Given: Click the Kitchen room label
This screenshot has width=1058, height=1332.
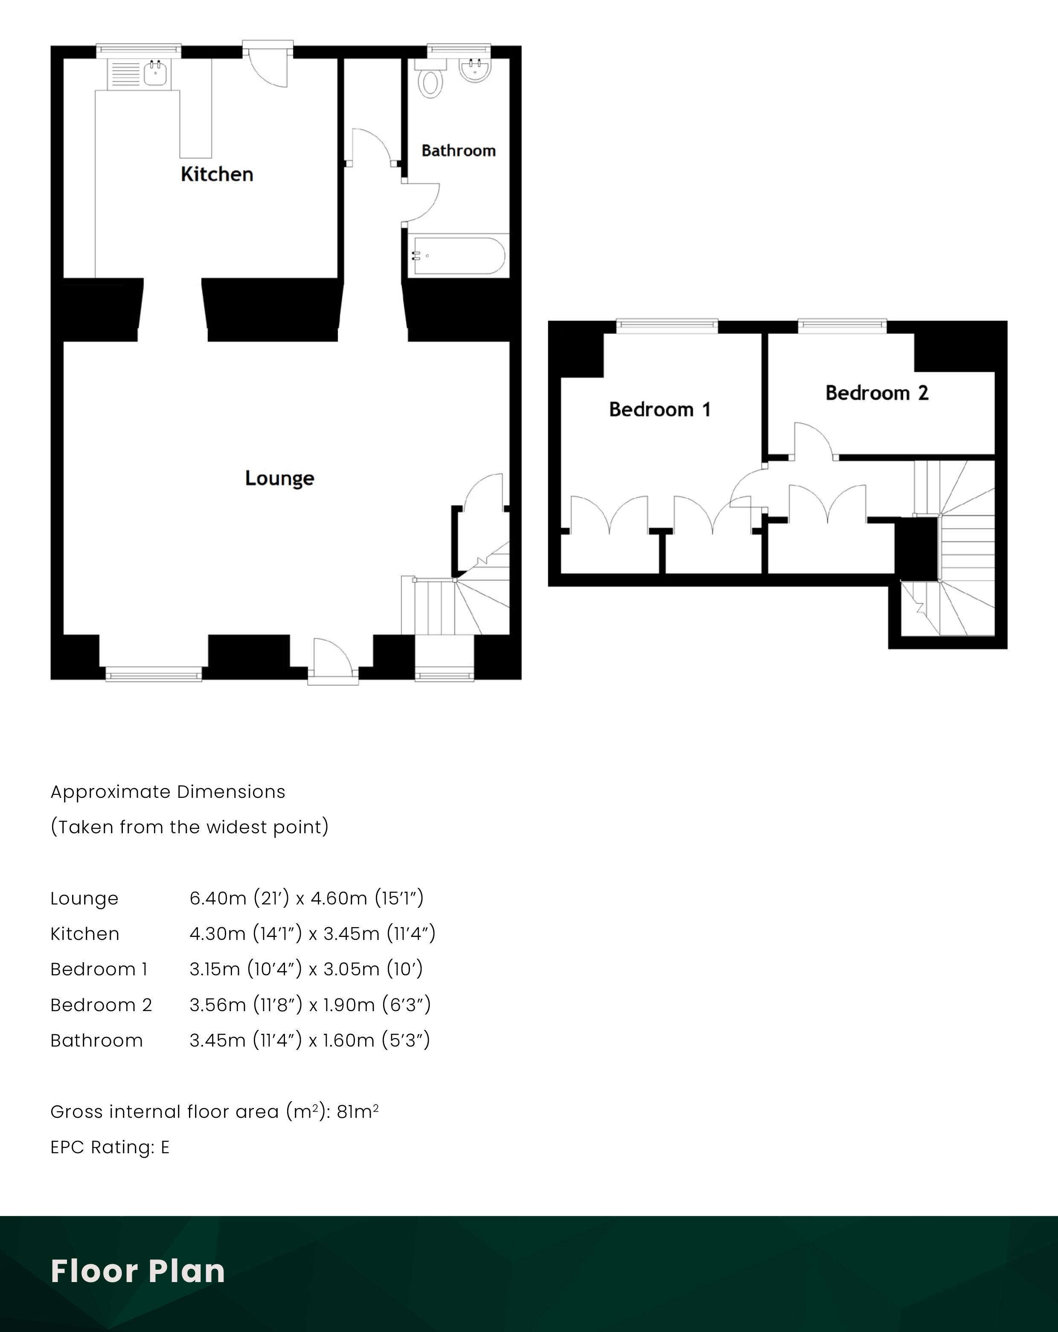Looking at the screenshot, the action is coord(217,174).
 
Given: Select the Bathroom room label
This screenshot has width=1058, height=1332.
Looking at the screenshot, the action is coord(458,151).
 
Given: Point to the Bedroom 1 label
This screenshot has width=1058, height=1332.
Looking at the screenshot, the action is coord(660,409).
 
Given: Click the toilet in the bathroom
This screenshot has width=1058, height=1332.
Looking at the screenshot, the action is coord(430,79).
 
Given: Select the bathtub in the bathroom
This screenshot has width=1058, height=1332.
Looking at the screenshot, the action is coord(458,255).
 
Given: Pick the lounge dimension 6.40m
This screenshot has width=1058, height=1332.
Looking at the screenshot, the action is coord(218,898).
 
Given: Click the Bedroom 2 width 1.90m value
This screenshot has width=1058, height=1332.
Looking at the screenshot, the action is coord(349,1005).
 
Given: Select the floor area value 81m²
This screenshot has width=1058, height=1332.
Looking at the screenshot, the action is coord(358,1111).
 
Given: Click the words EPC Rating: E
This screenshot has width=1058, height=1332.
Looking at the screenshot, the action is coord(110,1147).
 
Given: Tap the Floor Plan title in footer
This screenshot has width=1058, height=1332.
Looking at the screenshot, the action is coord(138,1271).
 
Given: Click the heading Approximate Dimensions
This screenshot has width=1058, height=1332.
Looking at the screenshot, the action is coord(168,792).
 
